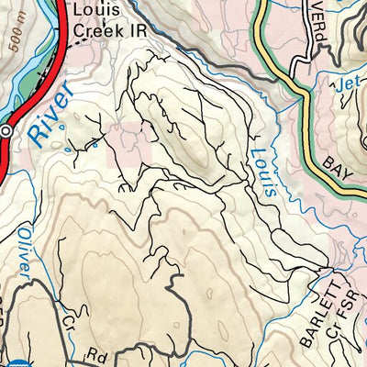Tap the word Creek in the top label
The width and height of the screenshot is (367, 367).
tap(91, 29)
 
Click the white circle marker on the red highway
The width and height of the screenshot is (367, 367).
tap(6, 132)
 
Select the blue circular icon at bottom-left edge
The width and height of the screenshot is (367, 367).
tap(5, 361)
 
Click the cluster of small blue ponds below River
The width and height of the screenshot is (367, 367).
tap(79, 142)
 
